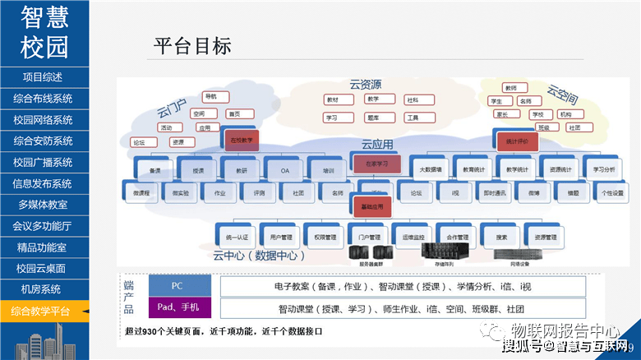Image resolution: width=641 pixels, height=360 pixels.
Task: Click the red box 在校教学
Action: click(239, 141)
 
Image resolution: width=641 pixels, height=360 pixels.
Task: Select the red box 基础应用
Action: click(371, 207)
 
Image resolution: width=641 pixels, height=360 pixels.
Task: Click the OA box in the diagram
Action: click(284, 169)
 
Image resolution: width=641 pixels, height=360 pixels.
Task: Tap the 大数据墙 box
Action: click(430, 169)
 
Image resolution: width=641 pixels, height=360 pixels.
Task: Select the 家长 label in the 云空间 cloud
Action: click(503, 114)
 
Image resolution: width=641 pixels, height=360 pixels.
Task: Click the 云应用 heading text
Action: click(377, 145)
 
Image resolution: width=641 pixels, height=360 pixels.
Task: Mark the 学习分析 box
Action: click(604, 169)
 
